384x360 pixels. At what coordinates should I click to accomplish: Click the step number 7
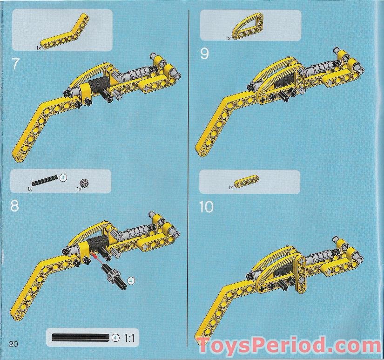pyautogui.click(x=15, y=64)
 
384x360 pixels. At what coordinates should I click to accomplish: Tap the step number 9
pyautogui.click(x=204, y=54)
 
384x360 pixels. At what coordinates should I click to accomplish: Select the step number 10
pyautogui.click(x=206, y=207)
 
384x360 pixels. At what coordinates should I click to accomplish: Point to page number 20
pyautogui.click(x=13, y=344)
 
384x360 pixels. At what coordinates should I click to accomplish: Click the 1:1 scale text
pyautogui.click(x=129, y=338)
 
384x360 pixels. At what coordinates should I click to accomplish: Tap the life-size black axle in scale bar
pyautogui.click(x=81, y=338)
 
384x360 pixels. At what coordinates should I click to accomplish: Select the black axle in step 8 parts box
pyautogui.click(x=45, y=180)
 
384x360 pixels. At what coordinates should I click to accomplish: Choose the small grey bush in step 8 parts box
pyautogui.click(x=84, y=183)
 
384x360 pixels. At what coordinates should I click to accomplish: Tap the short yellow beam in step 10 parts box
pyautogui.click(x=246, y=181)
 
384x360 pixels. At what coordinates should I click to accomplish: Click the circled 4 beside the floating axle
pyautogui.click(x=131, y=281)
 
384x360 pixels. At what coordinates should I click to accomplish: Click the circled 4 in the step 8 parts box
pyautogui.click(x=63, y=177)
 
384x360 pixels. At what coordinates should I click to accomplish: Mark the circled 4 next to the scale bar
pyautogui.click(x=115, y=338)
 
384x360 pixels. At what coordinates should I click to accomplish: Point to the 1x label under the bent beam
pyautogui.click(x=39, y=48)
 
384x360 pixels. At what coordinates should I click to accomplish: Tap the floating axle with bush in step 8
pyautogui.click(x=115, y=275)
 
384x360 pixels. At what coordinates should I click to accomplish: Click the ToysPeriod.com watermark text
pyautogui.click(x=289, y=346)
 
